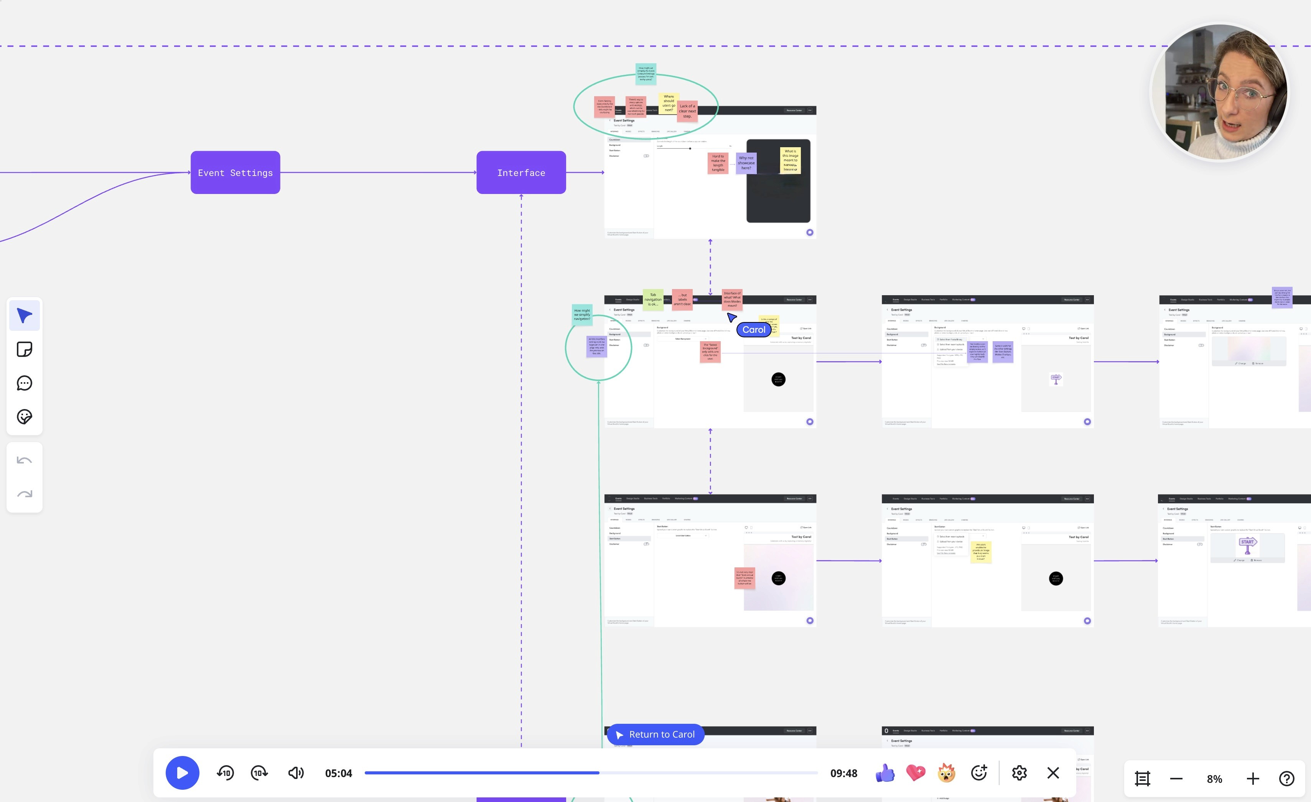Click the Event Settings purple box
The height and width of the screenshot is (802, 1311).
235,172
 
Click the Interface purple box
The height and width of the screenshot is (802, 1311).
521,172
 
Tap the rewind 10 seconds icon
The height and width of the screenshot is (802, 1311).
225,773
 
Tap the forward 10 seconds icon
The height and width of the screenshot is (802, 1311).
259,773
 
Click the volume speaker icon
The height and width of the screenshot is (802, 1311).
296,773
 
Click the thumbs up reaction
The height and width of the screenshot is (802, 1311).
885,773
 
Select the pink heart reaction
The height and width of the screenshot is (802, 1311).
916,773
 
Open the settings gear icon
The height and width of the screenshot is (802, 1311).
1019,773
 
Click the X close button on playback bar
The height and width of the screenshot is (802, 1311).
1053,773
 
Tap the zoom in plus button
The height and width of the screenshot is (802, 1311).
1252,779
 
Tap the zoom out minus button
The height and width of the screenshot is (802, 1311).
1176,779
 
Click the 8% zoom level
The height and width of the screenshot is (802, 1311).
1214,779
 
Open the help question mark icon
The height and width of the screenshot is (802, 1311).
1286,779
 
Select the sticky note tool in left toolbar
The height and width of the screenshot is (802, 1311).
25,349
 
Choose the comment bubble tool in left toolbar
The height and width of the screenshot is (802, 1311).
25,383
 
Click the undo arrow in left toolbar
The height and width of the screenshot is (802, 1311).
25,460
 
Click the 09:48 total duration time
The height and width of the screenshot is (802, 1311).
843,773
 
